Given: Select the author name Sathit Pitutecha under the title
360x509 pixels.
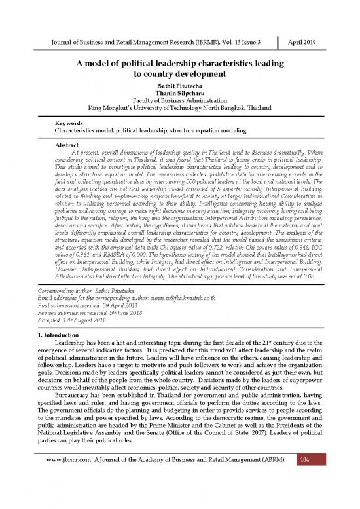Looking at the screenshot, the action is pos(180,85).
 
